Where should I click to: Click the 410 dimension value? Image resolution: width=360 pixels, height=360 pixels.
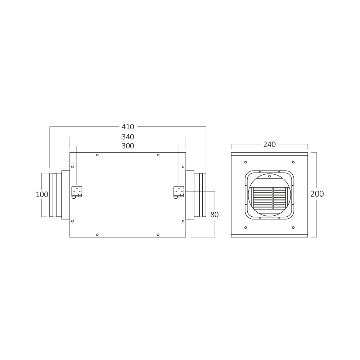click(128, 127)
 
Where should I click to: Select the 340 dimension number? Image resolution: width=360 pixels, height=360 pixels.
click(128, 137)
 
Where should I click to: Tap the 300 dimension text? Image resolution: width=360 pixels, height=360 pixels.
click(128, 146)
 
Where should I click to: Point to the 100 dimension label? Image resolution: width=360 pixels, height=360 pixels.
click(42, 194)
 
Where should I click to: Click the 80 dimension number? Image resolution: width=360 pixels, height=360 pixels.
click(214, 215)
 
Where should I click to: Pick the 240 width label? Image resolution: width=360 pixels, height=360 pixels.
click(269, 144)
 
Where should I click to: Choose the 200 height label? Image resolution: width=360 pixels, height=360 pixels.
click(317, 194)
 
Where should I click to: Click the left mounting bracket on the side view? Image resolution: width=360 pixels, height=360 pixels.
click(77, 192)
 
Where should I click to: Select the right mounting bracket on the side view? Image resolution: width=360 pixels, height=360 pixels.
click(179, 192)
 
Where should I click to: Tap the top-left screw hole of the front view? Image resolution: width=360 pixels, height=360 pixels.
click(246, 162)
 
